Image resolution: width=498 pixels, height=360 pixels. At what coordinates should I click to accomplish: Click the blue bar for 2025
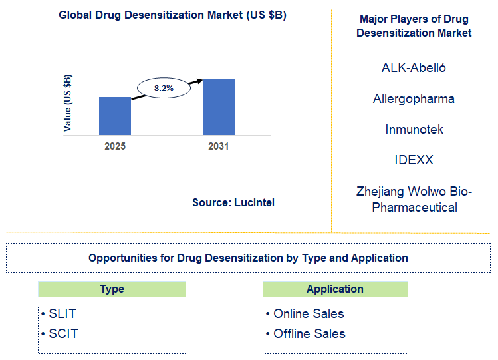tap(115, 116)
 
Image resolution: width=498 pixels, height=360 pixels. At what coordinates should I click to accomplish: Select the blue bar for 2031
tap(219, 106)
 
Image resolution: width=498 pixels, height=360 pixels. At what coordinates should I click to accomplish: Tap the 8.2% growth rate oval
tap(164, 87)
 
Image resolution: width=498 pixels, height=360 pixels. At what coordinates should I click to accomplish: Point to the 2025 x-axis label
tap(115, 146)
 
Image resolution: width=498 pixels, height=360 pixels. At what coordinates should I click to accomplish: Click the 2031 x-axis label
tap(218, 146)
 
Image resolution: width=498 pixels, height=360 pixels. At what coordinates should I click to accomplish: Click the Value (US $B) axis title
tap(68, 103)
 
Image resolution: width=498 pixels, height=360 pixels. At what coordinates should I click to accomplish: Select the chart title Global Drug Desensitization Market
tap(172, 15)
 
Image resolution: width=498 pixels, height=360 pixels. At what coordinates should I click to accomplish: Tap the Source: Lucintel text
tap(233, 202)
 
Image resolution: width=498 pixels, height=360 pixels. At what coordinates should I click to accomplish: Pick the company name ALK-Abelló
tap(414, 68)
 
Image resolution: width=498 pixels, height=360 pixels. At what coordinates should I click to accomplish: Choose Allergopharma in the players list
tap(414, 98)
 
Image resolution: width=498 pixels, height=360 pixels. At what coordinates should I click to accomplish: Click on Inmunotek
tap(414, 129)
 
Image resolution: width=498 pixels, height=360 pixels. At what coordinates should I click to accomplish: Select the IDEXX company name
tap(414, 160)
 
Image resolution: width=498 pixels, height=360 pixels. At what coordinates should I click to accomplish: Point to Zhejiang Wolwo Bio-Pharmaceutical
tap(414, 199)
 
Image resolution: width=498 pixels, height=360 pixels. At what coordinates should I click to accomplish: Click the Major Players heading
tap(414, 25)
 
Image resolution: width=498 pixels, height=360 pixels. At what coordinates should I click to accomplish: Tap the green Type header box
tap(112, 289)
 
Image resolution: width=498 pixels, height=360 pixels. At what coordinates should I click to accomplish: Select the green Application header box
tap(335, 289)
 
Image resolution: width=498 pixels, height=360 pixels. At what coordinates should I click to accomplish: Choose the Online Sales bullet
tap(305, 314)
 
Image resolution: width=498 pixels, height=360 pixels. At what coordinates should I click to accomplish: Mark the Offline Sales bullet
tap(305, 333)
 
